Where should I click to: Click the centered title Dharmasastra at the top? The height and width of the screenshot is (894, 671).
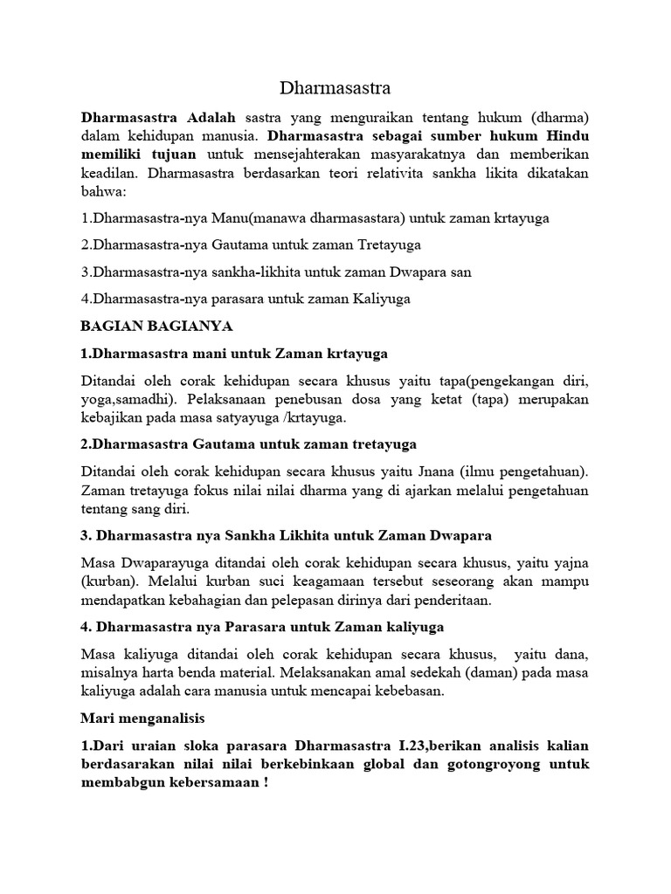[335, 88]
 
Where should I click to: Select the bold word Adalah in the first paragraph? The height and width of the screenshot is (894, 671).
[210, 117]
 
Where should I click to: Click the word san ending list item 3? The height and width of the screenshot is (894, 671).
[460, 272]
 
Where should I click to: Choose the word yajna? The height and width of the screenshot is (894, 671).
[571, 561]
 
